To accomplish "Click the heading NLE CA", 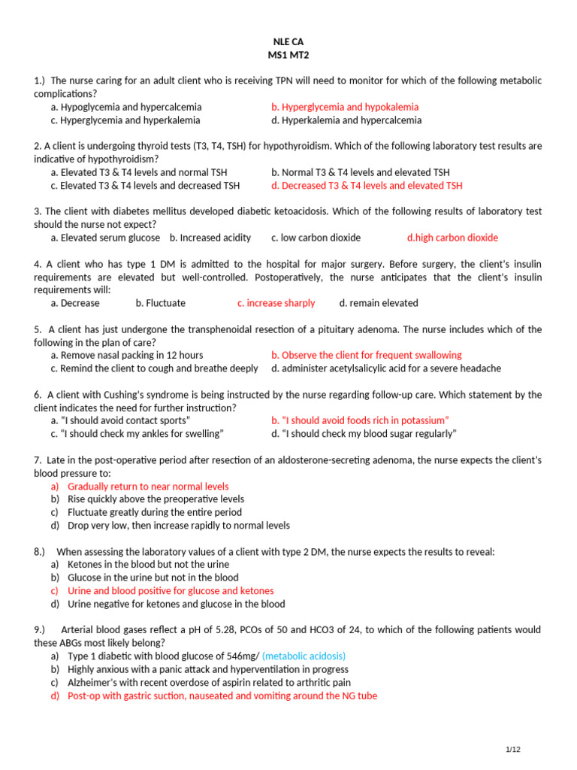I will click(x=288, y=42).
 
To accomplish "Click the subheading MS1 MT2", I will click(x=288, y=56).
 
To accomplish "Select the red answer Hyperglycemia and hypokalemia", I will click(x=345, y=108).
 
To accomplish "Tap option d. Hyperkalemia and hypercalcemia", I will click(x=346, y=120).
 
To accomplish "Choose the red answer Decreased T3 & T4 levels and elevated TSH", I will click(x=367, y=186).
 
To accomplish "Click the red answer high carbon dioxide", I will click(x=452, y=238).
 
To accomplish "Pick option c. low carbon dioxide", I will click(x=316, y=238).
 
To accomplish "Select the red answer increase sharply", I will click(x=276, y=303).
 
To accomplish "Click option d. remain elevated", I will click(x=379, y=303).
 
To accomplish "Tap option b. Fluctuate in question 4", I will click(x=160, y=303).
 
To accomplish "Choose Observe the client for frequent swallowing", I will click(x=367, y=355).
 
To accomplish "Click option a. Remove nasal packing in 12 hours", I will click(x=126, y=355).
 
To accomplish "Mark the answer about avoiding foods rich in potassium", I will click(x=360, y=420).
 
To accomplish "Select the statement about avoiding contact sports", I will click(x=120, y=420).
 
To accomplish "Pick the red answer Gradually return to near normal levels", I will click(x=148, y=487).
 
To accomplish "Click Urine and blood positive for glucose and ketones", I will click(x=171, y=591).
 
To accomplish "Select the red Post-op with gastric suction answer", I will click(x=222, y=696).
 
